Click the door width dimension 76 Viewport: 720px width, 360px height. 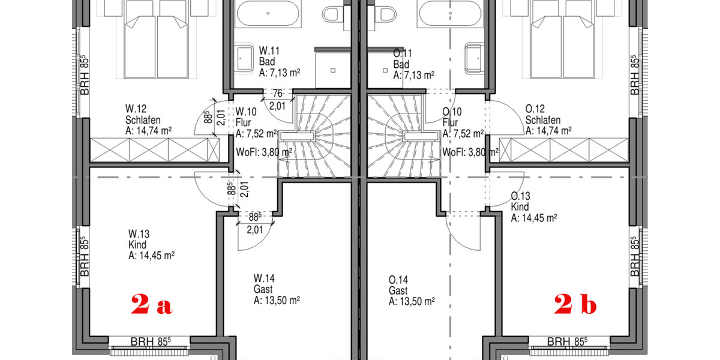tap(277, 93)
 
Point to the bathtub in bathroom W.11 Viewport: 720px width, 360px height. tap(268, 13)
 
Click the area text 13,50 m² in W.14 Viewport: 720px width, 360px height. tap(277, 300)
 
